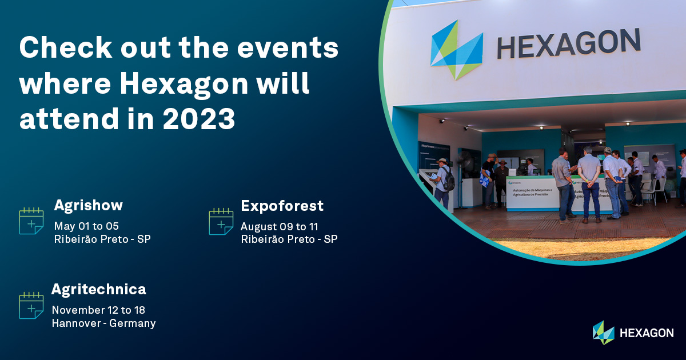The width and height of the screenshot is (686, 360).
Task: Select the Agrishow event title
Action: pyautogui.click(x=88, y=205)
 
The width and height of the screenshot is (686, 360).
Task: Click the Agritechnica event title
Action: pyautogui.click(x=98, y=289)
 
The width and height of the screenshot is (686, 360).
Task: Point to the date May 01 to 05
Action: pyautogui.click(x=86, y=226)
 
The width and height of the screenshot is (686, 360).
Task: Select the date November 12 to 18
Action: pyautogui.click(x=98, y=310)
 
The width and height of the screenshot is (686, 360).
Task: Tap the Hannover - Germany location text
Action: pyautogui.click(x=103, y=323)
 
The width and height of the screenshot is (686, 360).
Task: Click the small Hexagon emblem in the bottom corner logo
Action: pyautogui.click(x=603, y=333)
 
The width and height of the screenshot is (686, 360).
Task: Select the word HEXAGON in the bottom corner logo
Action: pyautogui.click(x=647, y=333)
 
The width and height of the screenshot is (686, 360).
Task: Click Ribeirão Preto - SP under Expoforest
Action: pyautogui.click(x=289, y=239)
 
